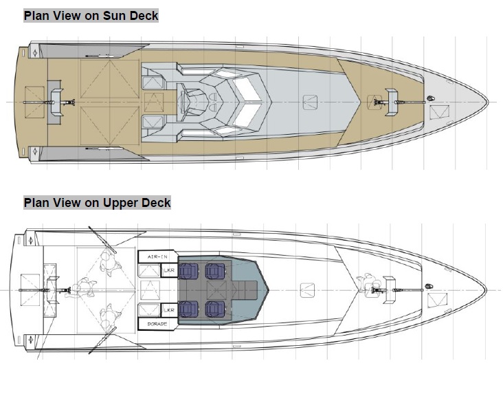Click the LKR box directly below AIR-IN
click(169, 270)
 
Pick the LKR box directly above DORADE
click(169, 310)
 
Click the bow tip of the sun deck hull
click(489, 102)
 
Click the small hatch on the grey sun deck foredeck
click(311, 101)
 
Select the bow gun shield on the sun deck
click(392, 101)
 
